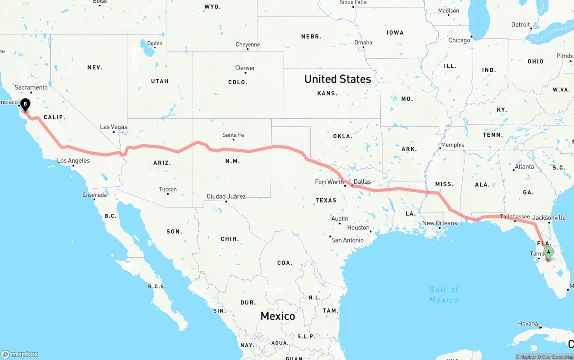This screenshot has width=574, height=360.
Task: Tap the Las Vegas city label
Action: (x=113, y=127)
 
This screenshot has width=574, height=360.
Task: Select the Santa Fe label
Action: (x=233, y=135)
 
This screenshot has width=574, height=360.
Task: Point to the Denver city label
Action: (x=246, y=68)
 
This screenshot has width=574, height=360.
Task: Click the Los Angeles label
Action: (x=73, y=160)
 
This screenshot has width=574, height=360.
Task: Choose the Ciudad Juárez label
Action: (x=226, y=196)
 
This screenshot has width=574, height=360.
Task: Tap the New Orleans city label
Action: (x=439, y=223)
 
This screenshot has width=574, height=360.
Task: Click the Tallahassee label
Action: (x=515, y=217)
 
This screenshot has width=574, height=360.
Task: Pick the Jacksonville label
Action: (x=549, y=217)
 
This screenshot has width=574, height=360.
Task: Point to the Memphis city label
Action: (x=452, y=145)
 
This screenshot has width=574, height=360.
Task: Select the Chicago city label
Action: (x=459, y=40)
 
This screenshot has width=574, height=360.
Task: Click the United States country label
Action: (x=338, y=79)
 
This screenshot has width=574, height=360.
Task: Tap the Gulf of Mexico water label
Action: (x=444, y=295)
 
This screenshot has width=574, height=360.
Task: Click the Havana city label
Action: (x=528, y=323)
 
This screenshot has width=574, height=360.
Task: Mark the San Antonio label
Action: (x=347, y=240)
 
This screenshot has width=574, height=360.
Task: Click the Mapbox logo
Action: (x=20, y=354)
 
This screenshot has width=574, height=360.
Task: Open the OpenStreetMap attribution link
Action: (x=557, y=357)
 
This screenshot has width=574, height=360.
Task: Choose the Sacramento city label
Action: (x=30, y=87)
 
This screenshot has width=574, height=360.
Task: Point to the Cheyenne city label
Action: (x=248, y=44)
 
